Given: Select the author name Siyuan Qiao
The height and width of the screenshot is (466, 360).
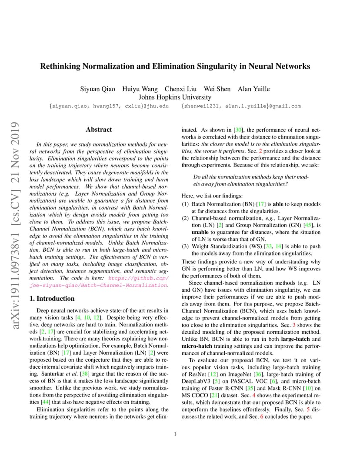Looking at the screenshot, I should (x=98, y=89).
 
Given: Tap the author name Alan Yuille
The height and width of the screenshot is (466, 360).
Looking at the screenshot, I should (x=253, y=89).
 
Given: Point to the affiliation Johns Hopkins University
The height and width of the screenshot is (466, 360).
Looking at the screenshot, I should (x=175, y=97).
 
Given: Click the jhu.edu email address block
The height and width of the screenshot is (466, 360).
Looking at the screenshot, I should (x=109, y=106).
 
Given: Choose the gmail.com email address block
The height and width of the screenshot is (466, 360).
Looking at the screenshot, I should (x=241, y=106).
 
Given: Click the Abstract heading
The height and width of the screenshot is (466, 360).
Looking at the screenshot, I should (x=99, y=130).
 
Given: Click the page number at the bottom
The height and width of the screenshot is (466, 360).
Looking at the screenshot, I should (x=175, y=434).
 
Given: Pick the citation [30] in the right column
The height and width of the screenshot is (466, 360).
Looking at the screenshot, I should (x=238, y=130).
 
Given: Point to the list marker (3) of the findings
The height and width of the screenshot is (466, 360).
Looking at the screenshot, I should (x=185, y=246).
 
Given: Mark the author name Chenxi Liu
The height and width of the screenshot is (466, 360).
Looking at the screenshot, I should (x=180, y=89).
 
